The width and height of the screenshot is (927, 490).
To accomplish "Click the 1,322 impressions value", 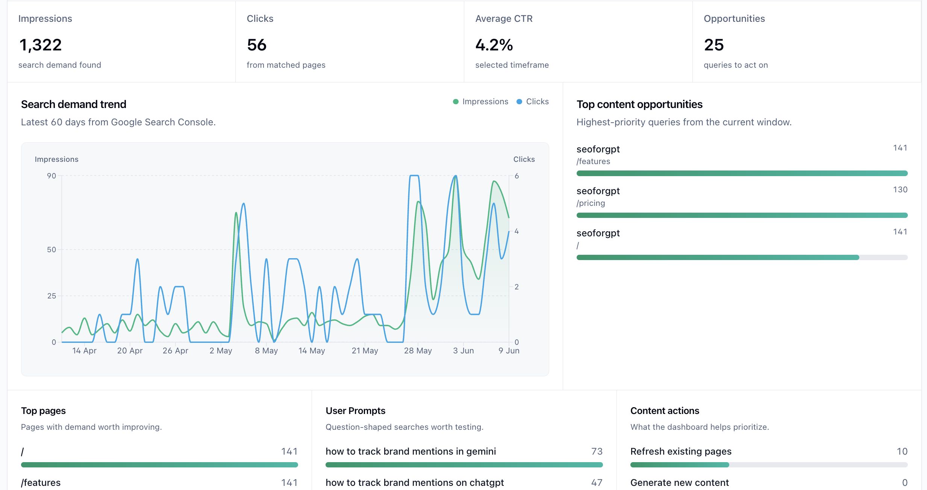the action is [x=41, y=45].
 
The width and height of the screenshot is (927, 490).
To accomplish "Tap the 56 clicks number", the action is [x=257, y=45].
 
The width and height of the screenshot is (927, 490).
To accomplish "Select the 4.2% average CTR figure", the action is [x=494, y=45].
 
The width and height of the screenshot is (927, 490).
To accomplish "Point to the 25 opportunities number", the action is [x=714, y=45].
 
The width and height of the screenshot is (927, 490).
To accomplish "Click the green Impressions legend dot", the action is [x=456, y=102].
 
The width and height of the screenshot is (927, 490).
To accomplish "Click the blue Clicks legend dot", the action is [x=519, y=102].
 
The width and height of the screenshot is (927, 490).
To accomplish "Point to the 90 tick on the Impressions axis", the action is [x=51, y=176].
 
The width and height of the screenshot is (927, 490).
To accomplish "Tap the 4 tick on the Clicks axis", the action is [x=517, y=231].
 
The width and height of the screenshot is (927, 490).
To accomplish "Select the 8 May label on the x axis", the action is [x=266, y=351].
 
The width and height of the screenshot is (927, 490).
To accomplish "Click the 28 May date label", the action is [x=418, y=351].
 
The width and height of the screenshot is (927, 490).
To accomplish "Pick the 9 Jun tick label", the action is [x=509, y=351].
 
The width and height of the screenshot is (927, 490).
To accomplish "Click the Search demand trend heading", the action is [x=74, y=104].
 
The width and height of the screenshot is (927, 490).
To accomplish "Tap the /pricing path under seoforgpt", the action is [x=591, y=203].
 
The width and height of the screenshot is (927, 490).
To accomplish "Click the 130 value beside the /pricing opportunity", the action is [x=900, y=190].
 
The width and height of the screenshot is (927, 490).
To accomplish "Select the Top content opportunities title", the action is [x=639, y=104].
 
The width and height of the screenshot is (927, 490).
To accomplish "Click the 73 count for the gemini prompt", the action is [x=597, y=451].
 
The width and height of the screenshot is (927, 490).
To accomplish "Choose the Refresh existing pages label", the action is [x=681, y=451].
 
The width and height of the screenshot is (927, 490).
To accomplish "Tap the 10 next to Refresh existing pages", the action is [x=902, y=451].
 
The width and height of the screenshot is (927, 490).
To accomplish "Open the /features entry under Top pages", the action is [x=41, y=482].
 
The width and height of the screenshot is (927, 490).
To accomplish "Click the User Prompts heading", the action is [x=355, y=411].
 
